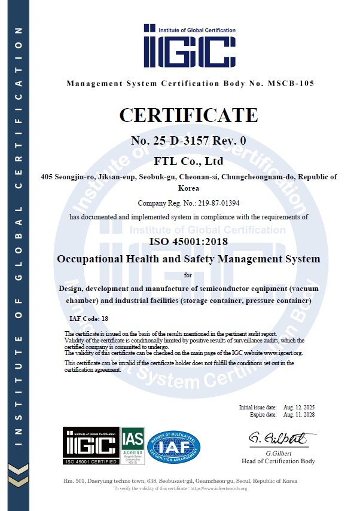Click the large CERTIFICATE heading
click(188, 114)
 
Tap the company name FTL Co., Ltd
click(188, 161)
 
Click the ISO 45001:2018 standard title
click(188, 241)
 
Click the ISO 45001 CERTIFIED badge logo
click(90, 444)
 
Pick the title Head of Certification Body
click(278, 461)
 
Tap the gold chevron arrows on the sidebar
click(20, 476)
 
